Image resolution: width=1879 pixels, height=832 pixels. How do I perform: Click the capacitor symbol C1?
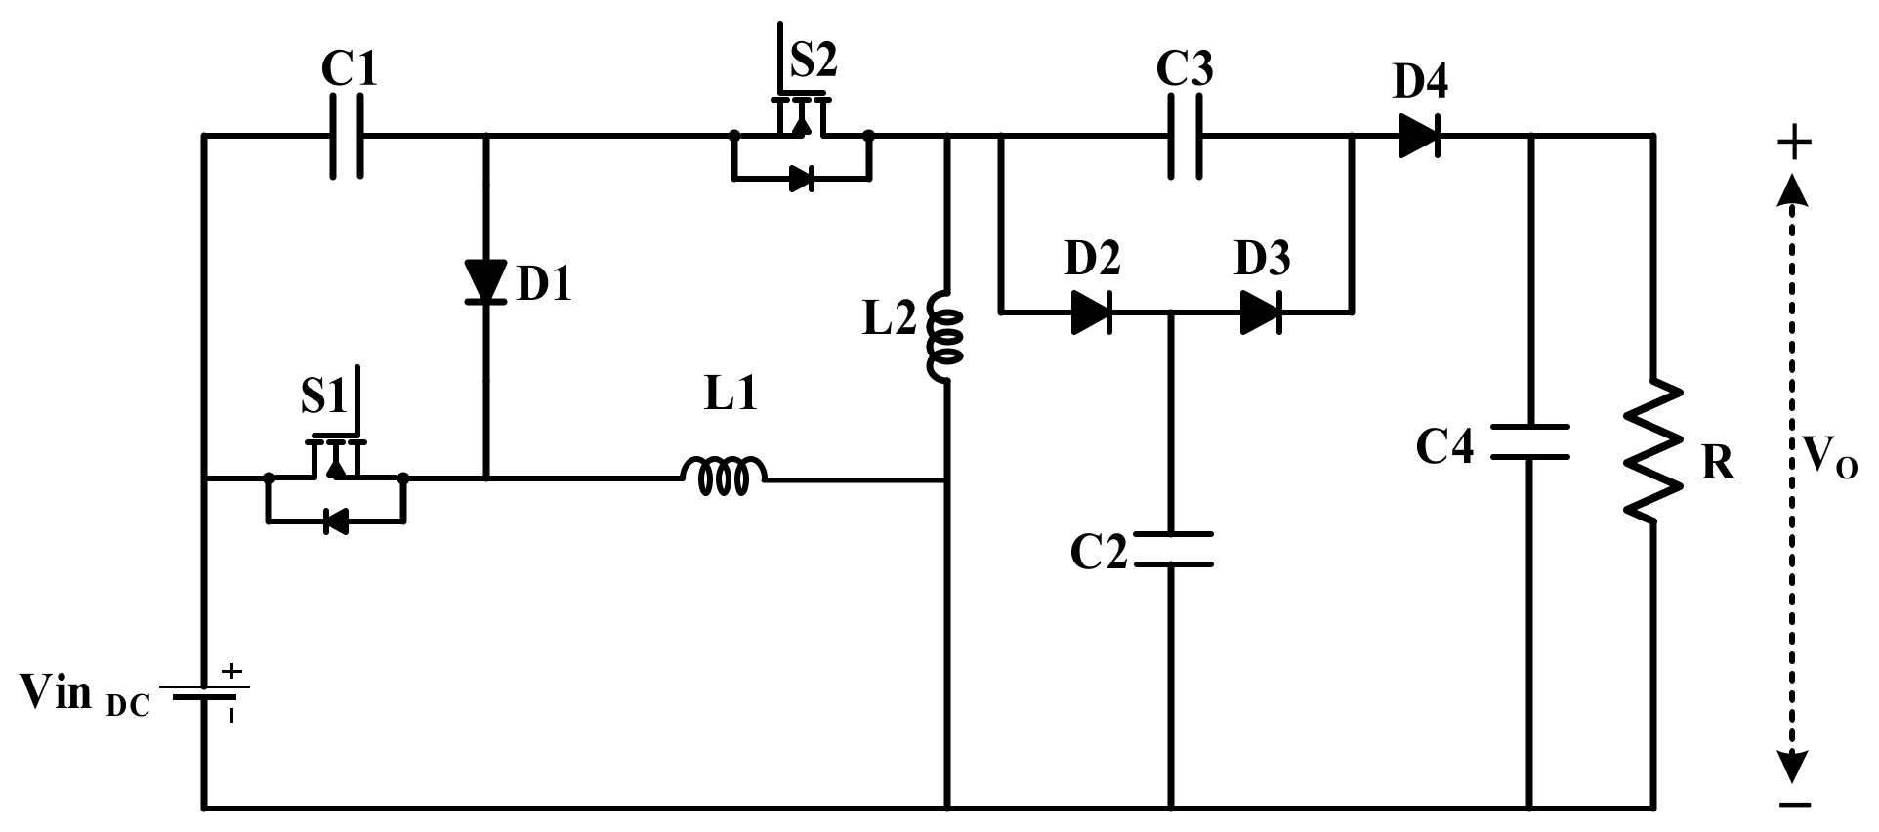(347, 136)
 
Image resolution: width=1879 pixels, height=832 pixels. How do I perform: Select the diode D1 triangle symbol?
(485, 281)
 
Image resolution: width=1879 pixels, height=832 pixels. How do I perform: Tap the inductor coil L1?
(724, 476)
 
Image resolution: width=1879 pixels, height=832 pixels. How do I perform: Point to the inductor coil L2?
(944, 337)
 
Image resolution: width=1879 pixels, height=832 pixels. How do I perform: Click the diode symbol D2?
(1091, 312)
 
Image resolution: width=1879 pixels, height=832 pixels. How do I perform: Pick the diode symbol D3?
(1261, 312)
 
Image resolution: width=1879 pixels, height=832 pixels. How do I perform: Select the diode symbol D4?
(1419, 136)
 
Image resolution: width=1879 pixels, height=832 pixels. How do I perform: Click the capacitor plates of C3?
(1185, 136)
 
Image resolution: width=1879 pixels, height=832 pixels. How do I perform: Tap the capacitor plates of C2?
(1172, 549)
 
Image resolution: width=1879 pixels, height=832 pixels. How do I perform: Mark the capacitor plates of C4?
(1529, 441)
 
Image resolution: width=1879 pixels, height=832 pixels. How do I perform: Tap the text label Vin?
(57, 692)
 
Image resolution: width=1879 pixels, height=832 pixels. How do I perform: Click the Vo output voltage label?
(1829, 456)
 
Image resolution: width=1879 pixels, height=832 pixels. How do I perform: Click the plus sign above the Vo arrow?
(1793, 144)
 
